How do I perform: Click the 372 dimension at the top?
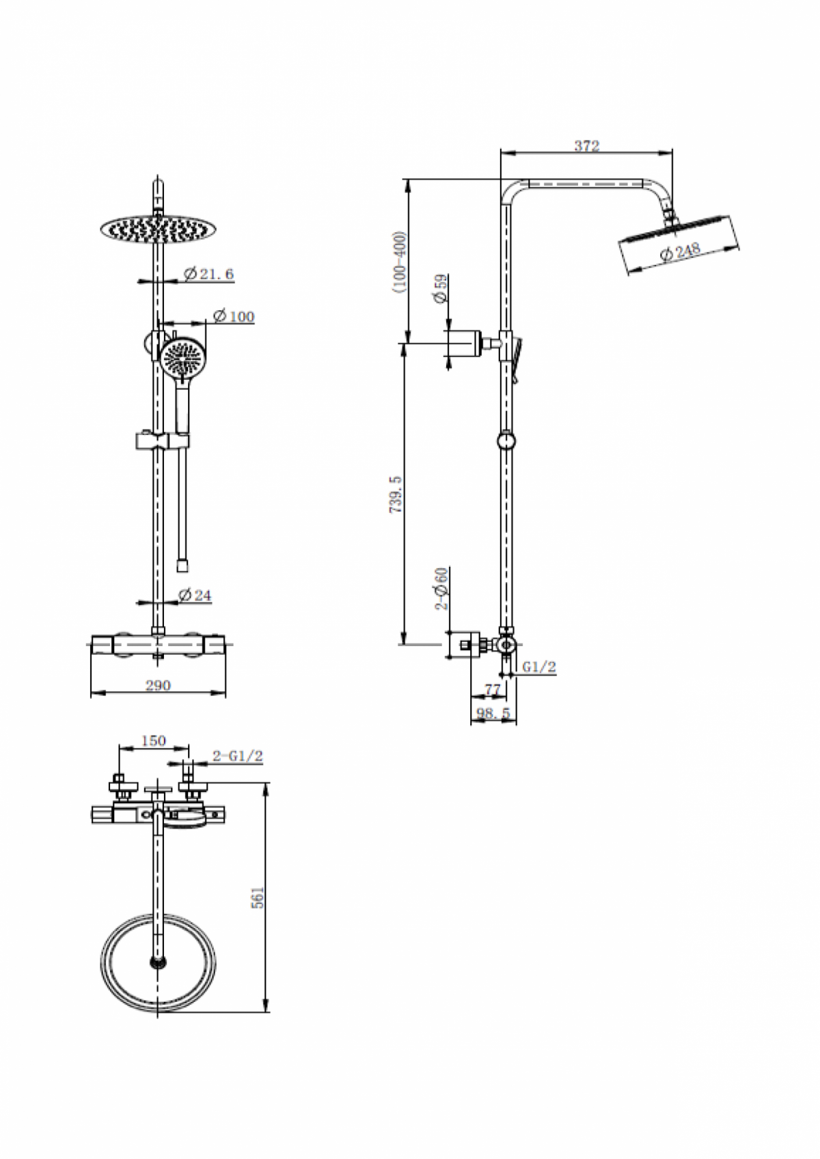point(586,145)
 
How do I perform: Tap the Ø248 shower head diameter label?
point(681,251)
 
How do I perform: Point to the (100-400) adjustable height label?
point(400,262)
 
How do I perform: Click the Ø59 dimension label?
point(439,288)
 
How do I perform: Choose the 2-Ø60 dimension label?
point(442,588)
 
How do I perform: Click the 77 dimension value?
point(493,690)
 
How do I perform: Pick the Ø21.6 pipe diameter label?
point(209,274)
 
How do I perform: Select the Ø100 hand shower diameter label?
point(233,316)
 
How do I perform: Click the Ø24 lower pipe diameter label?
point(195,596)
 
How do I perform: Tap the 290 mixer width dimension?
point(158,685)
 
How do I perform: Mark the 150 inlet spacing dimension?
point(153,740)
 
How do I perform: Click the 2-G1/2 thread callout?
point(237,756)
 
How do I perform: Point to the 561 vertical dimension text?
point(258,897)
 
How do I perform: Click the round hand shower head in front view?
point(182,359)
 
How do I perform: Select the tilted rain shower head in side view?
point(679,242)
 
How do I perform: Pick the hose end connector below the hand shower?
point(182,565)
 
